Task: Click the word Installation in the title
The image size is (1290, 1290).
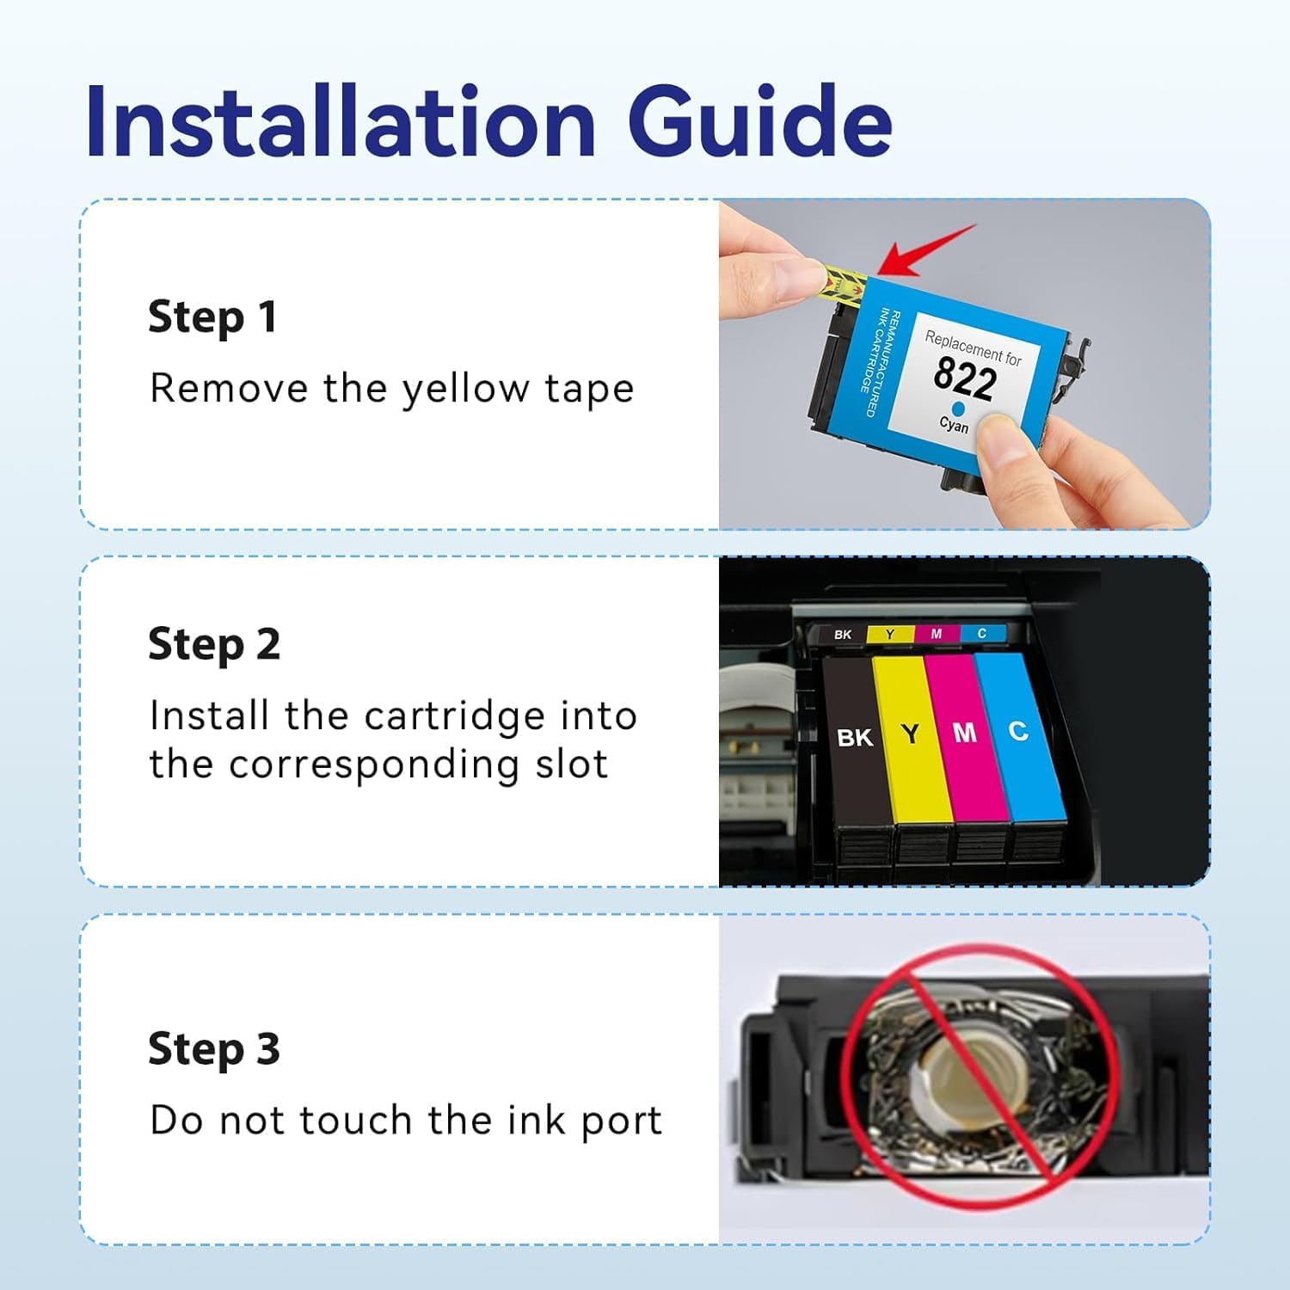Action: (x=341, y=121)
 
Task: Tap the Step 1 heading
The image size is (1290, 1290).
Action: (x=212, y=317)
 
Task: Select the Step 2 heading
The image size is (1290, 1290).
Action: (x=214, y=645)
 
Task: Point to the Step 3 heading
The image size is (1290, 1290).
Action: (x=214, y=1049)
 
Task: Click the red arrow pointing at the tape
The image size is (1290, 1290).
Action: (x=929, y=251)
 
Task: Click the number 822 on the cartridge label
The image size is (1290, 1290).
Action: (x=965, y=378)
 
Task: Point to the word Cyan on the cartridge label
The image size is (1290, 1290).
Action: (x=954, y=424)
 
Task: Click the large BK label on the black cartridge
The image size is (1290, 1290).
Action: (x=855, y=738)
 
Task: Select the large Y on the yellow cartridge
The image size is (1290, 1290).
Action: (x=910, y=734)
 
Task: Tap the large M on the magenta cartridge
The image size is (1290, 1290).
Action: (x=965, y=732)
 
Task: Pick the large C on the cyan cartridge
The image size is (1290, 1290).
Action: (x=1018, y=731)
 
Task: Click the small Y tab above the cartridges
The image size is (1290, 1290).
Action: (x=890, y=634)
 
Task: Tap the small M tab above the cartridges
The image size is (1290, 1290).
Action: (x=937, y=634)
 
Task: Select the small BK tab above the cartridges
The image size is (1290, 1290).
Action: (x=843, y=635)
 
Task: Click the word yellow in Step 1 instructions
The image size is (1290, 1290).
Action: (x=466, y=389)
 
